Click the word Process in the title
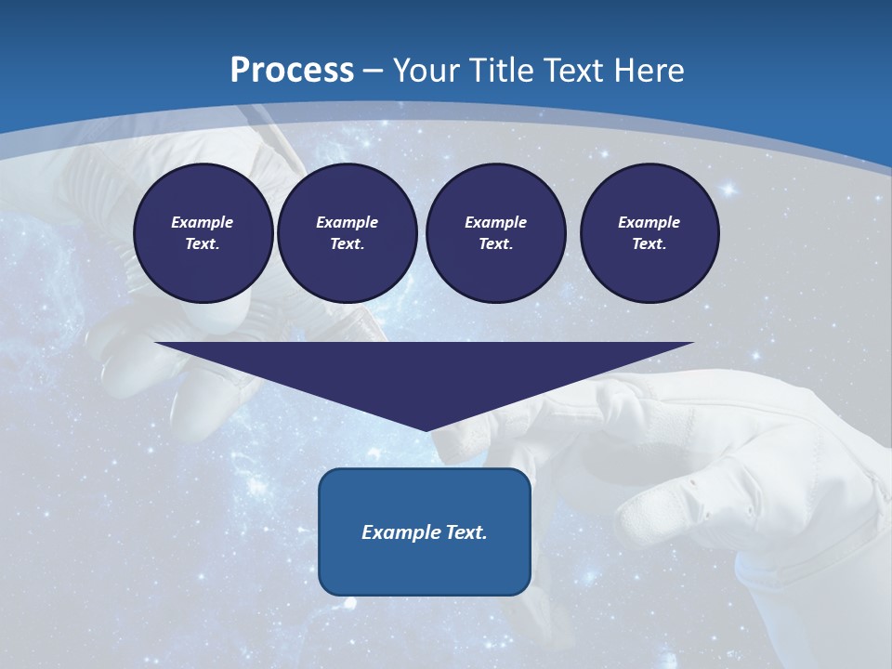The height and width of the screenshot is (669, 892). click(292, 71)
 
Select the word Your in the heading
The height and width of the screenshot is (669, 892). click(426, 71)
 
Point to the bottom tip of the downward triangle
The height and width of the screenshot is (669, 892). click(426, 429)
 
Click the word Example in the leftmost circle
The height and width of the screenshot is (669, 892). click(203, 222)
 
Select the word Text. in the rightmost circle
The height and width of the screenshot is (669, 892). click(649, 243)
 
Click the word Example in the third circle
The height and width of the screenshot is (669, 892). click(495, 222)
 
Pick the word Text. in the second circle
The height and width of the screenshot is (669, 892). click(347, 243)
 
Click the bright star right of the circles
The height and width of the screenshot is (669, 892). click(728, 190)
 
